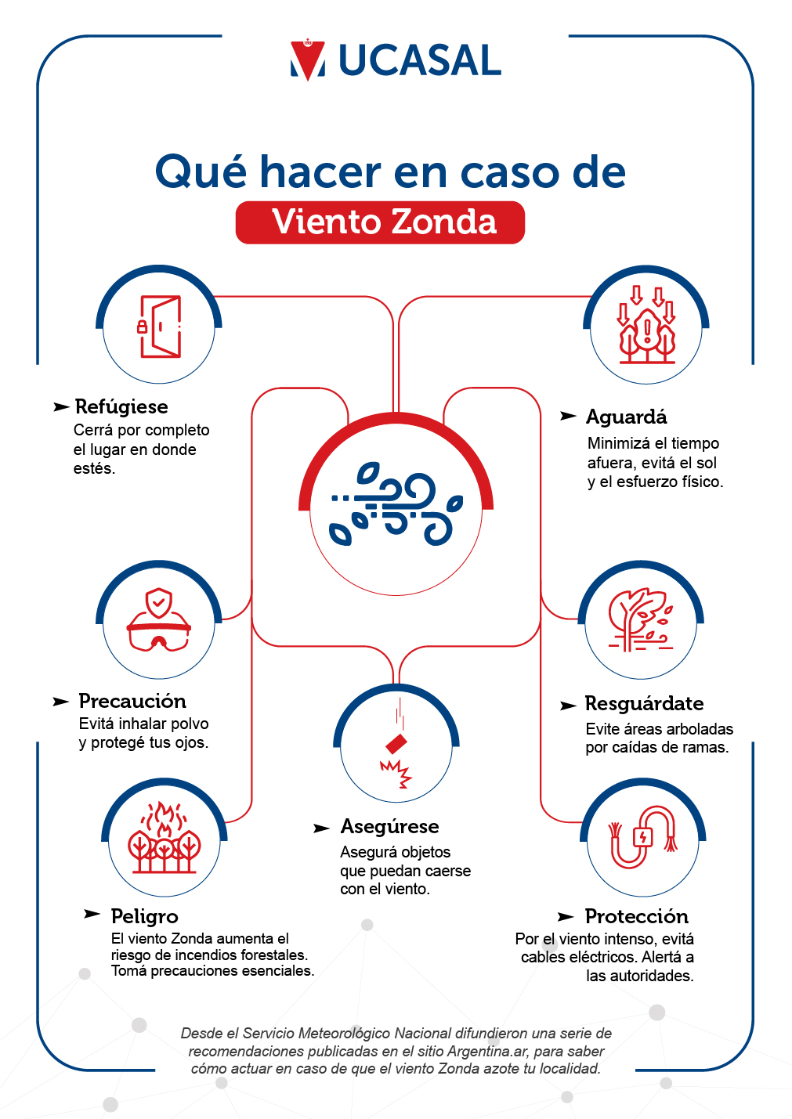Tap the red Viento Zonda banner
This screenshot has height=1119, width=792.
(x=380, y=222)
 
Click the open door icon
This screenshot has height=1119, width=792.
(x=159, y=327)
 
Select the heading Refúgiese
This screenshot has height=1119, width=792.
(x=121, y=406)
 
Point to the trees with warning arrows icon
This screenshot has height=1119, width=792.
(x=646, y=324)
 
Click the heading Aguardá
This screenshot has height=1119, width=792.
(x=626, y=417)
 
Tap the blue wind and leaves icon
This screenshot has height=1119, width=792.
(x=396, y=503)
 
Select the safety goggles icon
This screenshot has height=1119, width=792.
(x=159, y=619)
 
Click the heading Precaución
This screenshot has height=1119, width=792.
(x=132, y=701)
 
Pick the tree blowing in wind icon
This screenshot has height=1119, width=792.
(x=641, y=619)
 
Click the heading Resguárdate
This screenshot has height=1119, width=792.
(x=644, y=703)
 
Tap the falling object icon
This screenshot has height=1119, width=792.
(x=396, y=744)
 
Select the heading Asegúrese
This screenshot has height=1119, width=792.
(x=390, y=826)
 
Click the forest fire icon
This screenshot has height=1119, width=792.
(x=164, y=837)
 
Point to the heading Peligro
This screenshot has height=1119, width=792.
(x=144, y=916)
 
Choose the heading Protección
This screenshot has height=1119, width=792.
(x=637, y=916)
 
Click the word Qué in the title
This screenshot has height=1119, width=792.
(x=201, y=171)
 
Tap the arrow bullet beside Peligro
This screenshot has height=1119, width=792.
(x=92, y=914)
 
